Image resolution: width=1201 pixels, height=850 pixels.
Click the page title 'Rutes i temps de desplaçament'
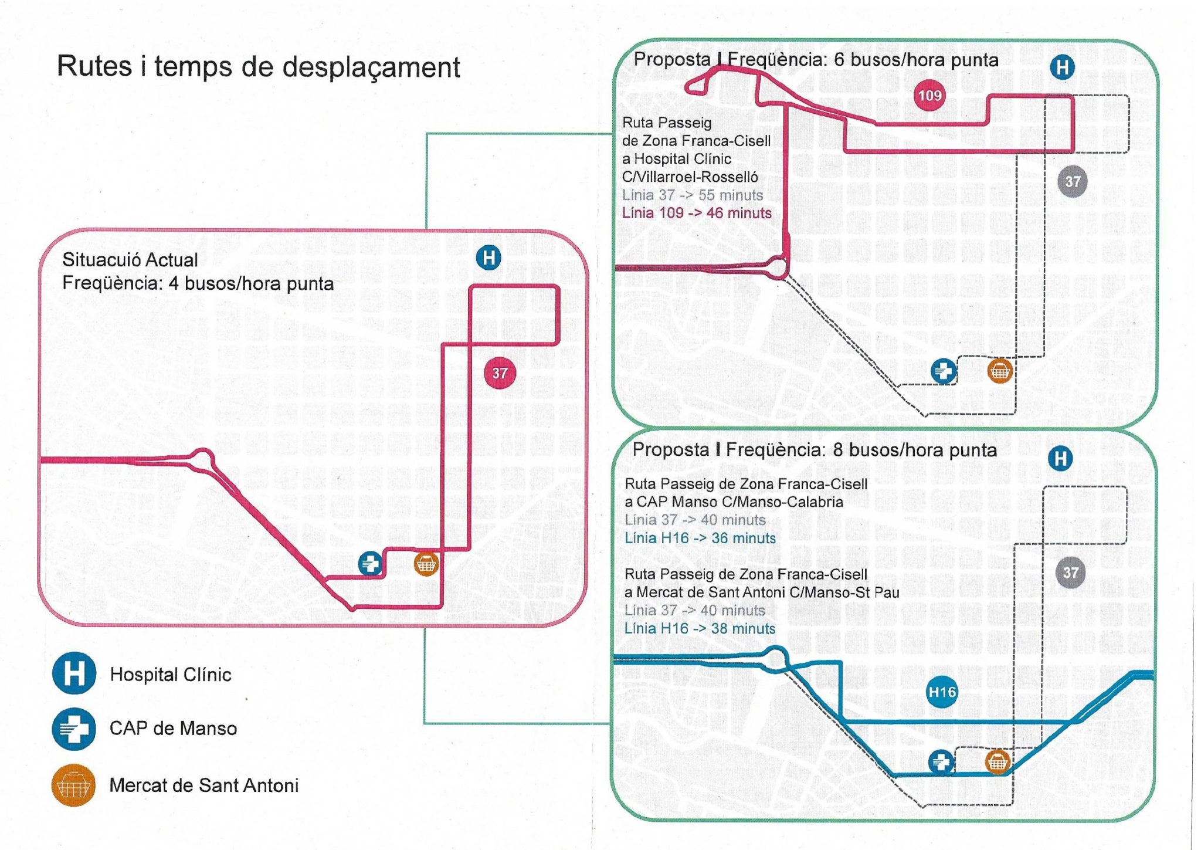coord(258,66)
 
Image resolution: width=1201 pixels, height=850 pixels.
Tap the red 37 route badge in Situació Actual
coord(500,373)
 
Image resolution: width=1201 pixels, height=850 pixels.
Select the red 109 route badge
coord(929,96)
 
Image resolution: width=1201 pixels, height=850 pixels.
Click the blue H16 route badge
coord(942,692)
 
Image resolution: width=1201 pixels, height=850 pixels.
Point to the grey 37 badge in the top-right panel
coord(1073,182)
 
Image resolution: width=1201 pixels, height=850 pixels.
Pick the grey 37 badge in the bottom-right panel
coord(1070,573)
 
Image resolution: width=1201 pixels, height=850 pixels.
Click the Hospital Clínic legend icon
coord(74,673)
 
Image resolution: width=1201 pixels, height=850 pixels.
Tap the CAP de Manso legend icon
coord(74,729)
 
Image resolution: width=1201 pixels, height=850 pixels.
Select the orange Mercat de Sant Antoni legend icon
coord(73,785)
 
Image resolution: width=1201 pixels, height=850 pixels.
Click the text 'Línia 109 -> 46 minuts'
coord(697,213)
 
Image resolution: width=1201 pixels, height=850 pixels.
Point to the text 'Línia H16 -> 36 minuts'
coord(700,538)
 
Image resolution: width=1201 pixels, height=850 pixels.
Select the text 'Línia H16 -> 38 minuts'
coord(700,628)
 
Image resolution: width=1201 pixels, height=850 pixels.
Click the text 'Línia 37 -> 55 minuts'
coord(693,195)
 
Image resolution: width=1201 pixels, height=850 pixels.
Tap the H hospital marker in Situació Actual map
coord(488,258)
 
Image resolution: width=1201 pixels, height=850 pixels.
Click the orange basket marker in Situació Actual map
coord(426,564)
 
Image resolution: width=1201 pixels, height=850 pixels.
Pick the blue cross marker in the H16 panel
coord(941,762)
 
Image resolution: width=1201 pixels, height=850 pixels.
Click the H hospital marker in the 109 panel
coord(1062,67)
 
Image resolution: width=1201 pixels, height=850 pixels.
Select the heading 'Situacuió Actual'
coord(130,260)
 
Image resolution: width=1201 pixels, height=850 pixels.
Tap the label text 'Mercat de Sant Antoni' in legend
coord(203,785)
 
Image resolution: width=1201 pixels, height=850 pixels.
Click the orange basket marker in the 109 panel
coord(1000,371)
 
